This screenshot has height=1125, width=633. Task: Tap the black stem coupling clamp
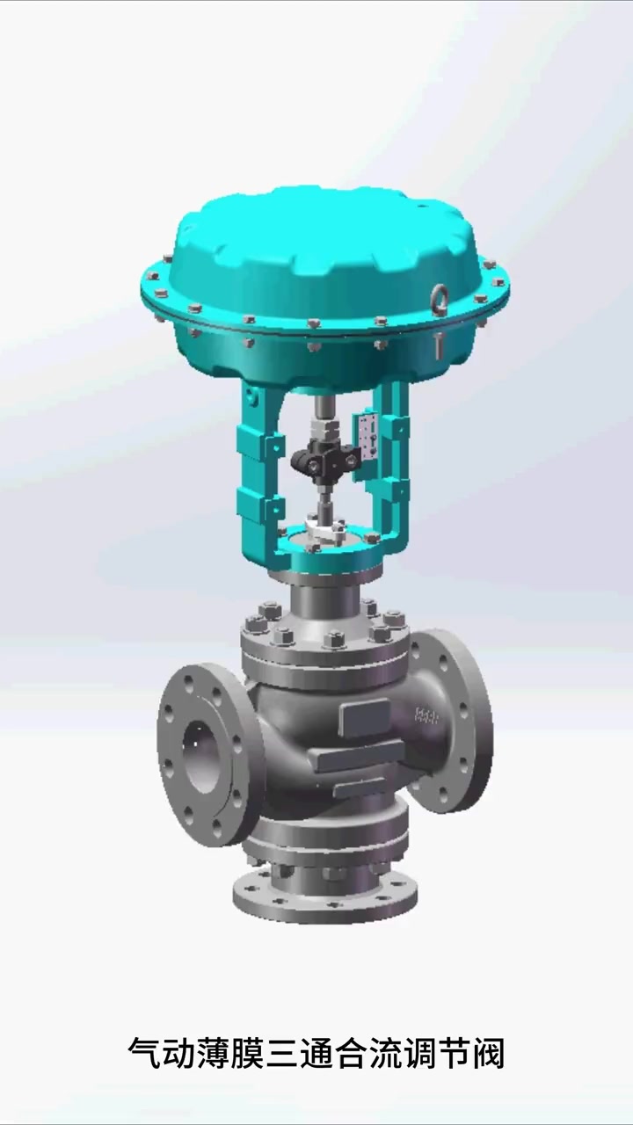(x=325, y=458)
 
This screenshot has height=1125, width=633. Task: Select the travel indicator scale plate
(x=367, y=436)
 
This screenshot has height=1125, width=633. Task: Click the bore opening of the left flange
(x=201, y=757)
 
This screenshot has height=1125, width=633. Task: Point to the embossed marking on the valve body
(x=426, y=715)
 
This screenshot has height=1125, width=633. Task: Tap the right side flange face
(x=451, y=722)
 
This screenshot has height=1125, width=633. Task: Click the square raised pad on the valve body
(x=364, y=717)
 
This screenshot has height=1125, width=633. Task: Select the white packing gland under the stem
(x=325, y=532)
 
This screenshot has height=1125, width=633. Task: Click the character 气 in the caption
(x=144, y=1053)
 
